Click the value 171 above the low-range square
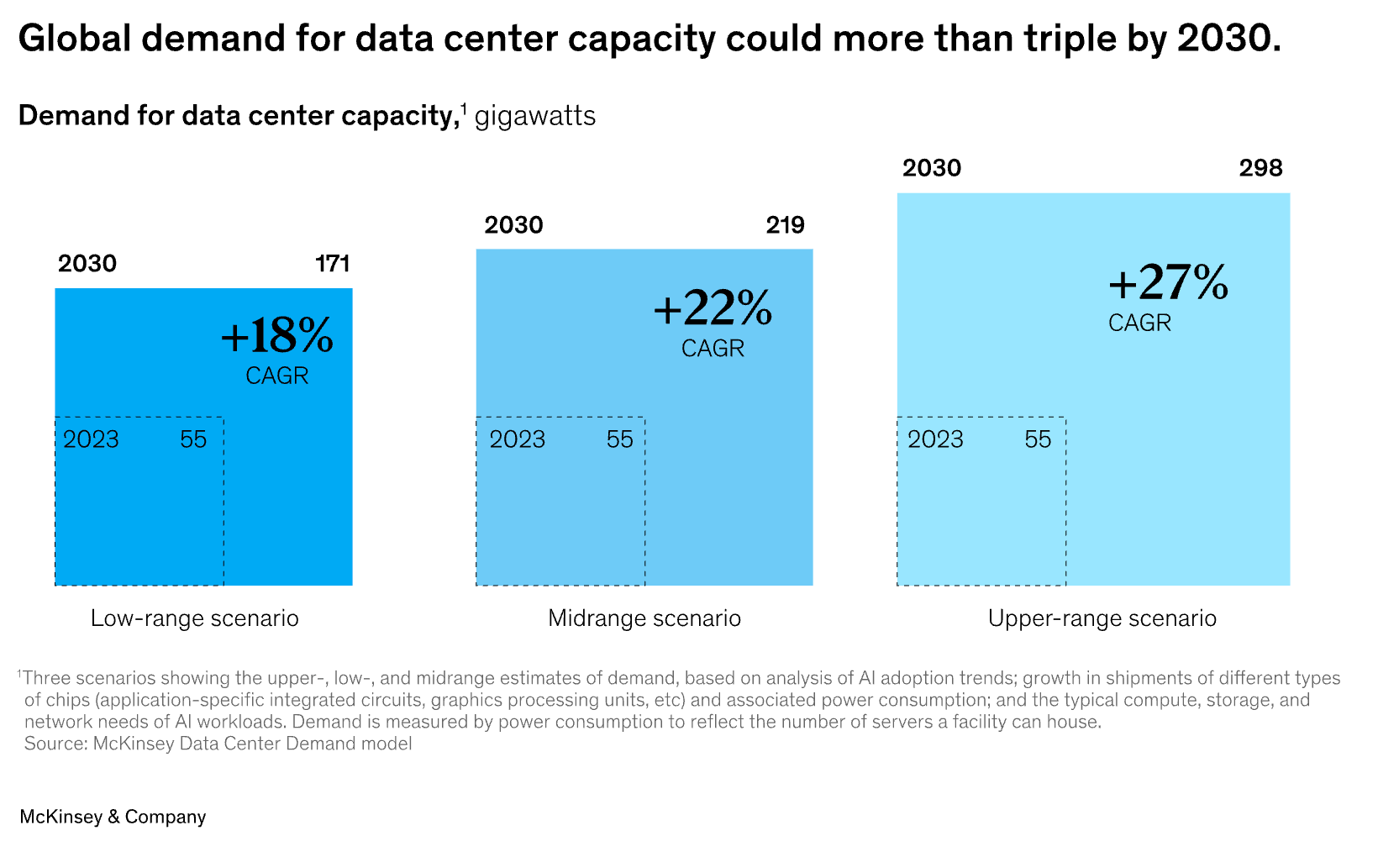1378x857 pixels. click(x=333, y=264)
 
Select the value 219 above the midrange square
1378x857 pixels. click(x=786, y=225)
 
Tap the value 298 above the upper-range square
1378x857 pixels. click(x=1260, y=168)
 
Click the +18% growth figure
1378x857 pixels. click(x=277, y=335)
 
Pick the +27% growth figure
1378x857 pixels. click(x=1168, y=282)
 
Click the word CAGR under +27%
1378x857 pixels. click(x=1139, y=323)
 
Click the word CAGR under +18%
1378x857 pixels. click(x=277, y=376)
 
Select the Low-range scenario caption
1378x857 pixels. click(x=195, y=618)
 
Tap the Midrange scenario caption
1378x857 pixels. click(x=644, y=618)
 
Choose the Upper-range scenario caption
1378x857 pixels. click(x=1102, y=618)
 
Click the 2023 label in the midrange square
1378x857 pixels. click(x=517, y=439)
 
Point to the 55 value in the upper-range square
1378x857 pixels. click(x=1038, y=439)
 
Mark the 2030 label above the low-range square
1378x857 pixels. click(x=87, y=264)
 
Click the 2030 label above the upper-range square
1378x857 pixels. click(x=932, y=168)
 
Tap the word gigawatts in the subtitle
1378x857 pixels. click(x=535, y=116)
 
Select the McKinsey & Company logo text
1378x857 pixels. click(x=113, y=817)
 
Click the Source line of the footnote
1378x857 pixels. click(x=218, y=744)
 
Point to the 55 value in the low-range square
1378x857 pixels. click(x=193, y=439)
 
